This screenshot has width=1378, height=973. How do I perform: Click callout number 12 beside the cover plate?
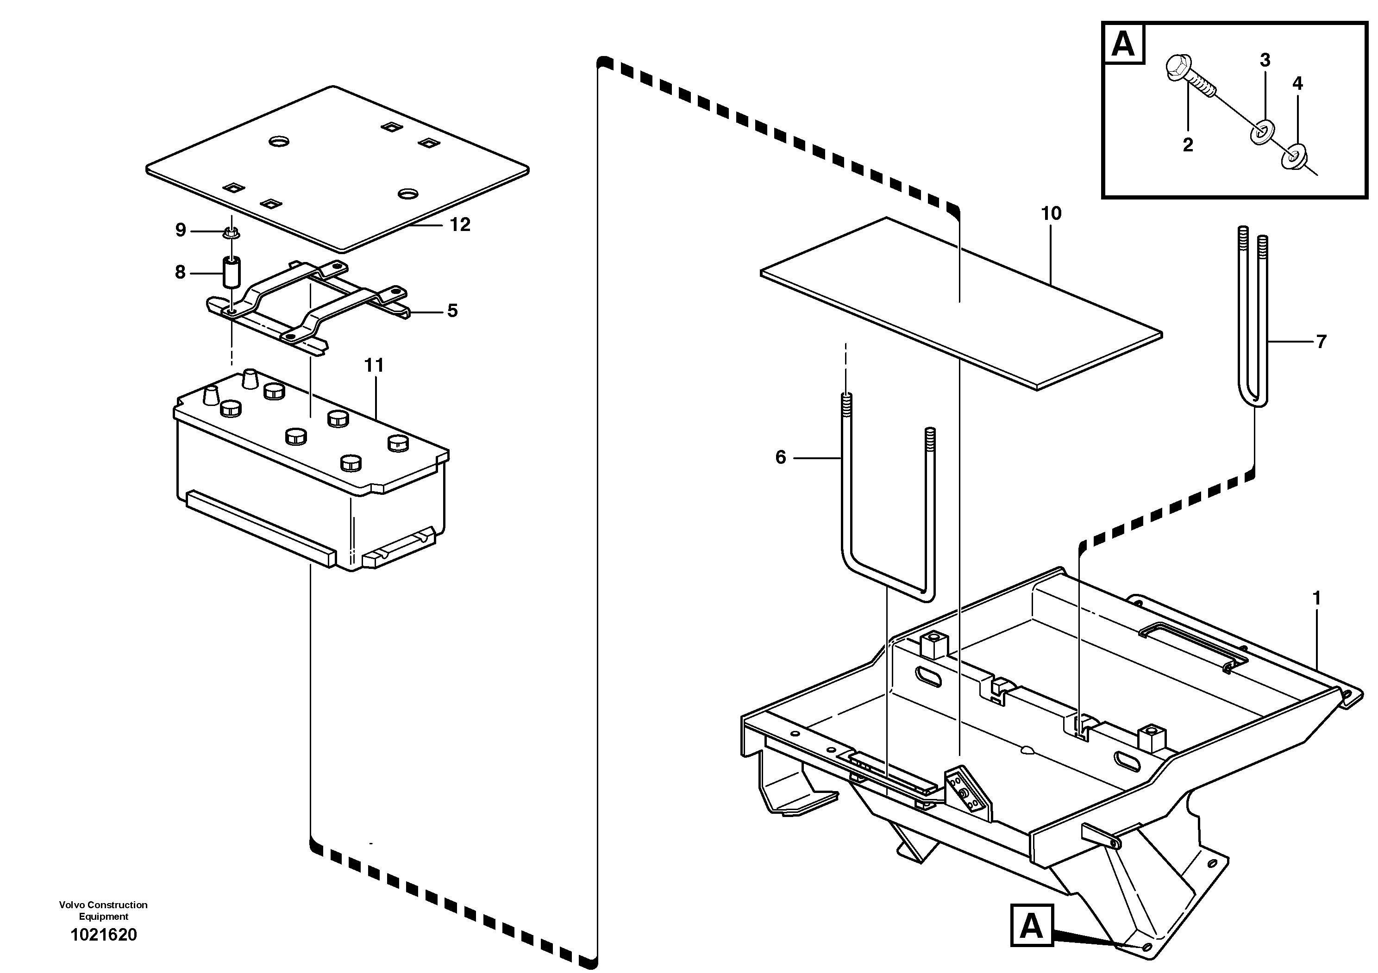pyautogui.click(x=460, y=225)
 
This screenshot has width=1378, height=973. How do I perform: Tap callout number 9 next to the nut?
pyautogui.click(x=181, y=231)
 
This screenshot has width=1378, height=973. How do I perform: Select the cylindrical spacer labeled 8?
pyautogui.click(x=232, y=273)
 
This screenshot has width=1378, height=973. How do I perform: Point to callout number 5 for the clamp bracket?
pyautogui.click(x=452, y=311)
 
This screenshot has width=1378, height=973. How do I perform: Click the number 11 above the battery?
pyautogui.click(x=374, y=365)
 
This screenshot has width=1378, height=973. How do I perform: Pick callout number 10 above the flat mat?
pyautogui.click(x=1051, y=213)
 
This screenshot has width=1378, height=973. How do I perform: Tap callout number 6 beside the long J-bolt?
pyautogui.click(x=780, y=458)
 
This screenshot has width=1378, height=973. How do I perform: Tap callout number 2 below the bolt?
pyautogui.click(x=1188, y=144)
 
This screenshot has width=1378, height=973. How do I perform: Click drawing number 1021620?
pyautogui.click(x=104, y=935)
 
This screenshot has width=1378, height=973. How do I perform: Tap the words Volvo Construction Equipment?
pyautogui.click(x=103, y=910)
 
